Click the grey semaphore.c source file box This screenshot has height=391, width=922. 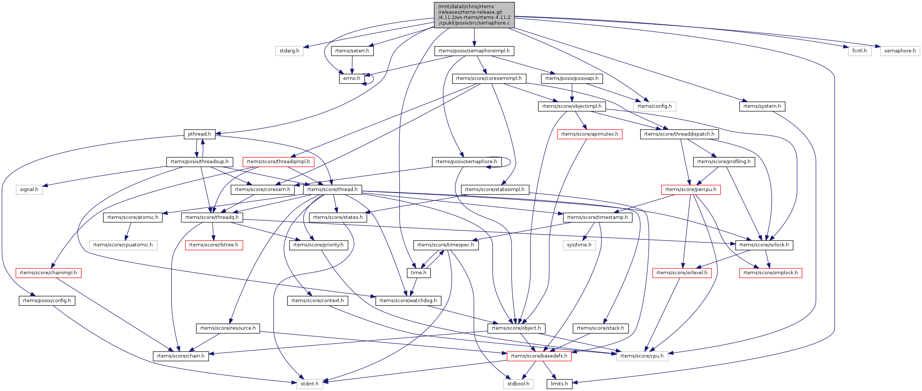point(474,15)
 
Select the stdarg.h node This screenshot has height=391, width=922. point(289,51)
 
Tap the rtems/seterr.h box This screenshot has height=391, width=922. point(352,51)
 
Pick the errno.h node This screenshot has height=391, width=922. point(351,78)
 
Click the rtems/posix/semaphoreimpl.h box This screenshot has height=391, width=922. point(474,51)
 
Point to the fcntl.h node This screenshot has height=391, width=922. point(860,51)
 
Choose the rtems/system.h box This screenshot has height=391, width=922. point(762,106)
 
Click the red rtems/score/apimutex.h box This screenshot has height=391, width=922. point(590,134)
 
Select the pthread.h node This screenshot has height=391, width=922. point(199,134)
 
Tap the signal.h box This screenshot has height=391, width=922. point(29,190)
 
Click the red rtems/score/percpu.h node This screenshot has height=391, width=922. point(691,190)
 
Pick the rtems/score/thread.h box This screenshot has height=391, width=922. point(332,190)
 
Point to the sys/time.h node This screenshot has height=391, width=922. point(579,245)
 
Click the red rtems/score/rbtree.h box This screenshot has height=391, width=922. point(214,245)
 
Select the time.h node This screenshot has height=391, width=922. point(419,273)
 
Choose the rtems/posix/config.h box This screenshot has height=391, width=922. point(47,301)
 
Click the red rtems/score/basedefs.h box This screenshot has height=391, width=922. point(539,356)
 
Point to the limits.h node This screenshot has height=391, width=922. point(559,384)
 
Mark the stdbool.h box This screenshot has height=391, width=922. point(518,384)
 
